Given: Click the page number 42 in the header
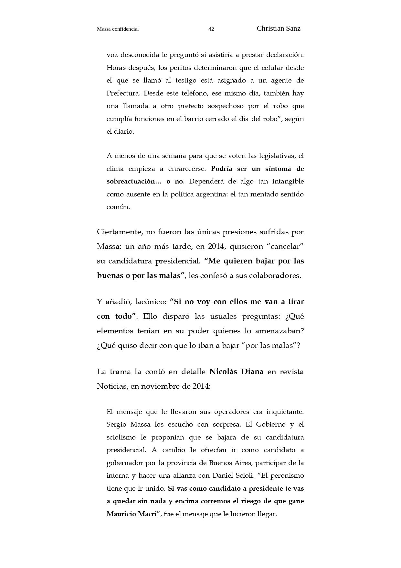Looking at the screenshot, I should coord(211,29).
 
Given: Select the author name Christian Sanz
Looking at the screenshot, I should coord(279,28).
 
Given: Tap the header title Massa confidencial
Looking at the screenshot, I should coord(118,29).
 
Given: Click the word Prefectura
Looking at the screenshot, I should coord(123,93).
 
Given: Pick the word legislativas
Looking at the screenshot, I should coord(277,156).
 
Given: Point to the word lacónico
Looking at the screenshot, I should coord(150,302).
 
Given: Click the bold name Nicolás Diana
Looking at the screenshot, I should coord(236,372).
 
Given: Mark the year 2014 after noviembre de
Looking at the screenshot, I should coord(201,386).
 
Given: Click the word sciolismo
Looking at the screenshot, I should coord(121,437).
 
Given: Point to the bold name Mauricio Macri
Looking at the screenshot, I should coord(131,514).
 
